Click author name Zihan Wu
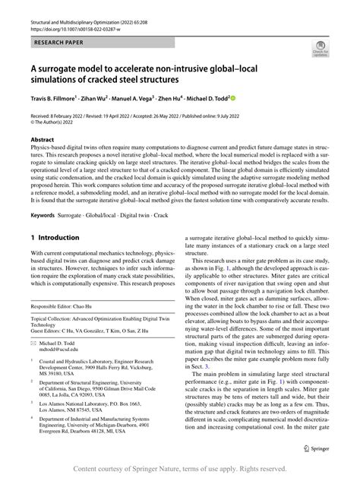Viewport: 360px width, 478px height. (x=109, y=98)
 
